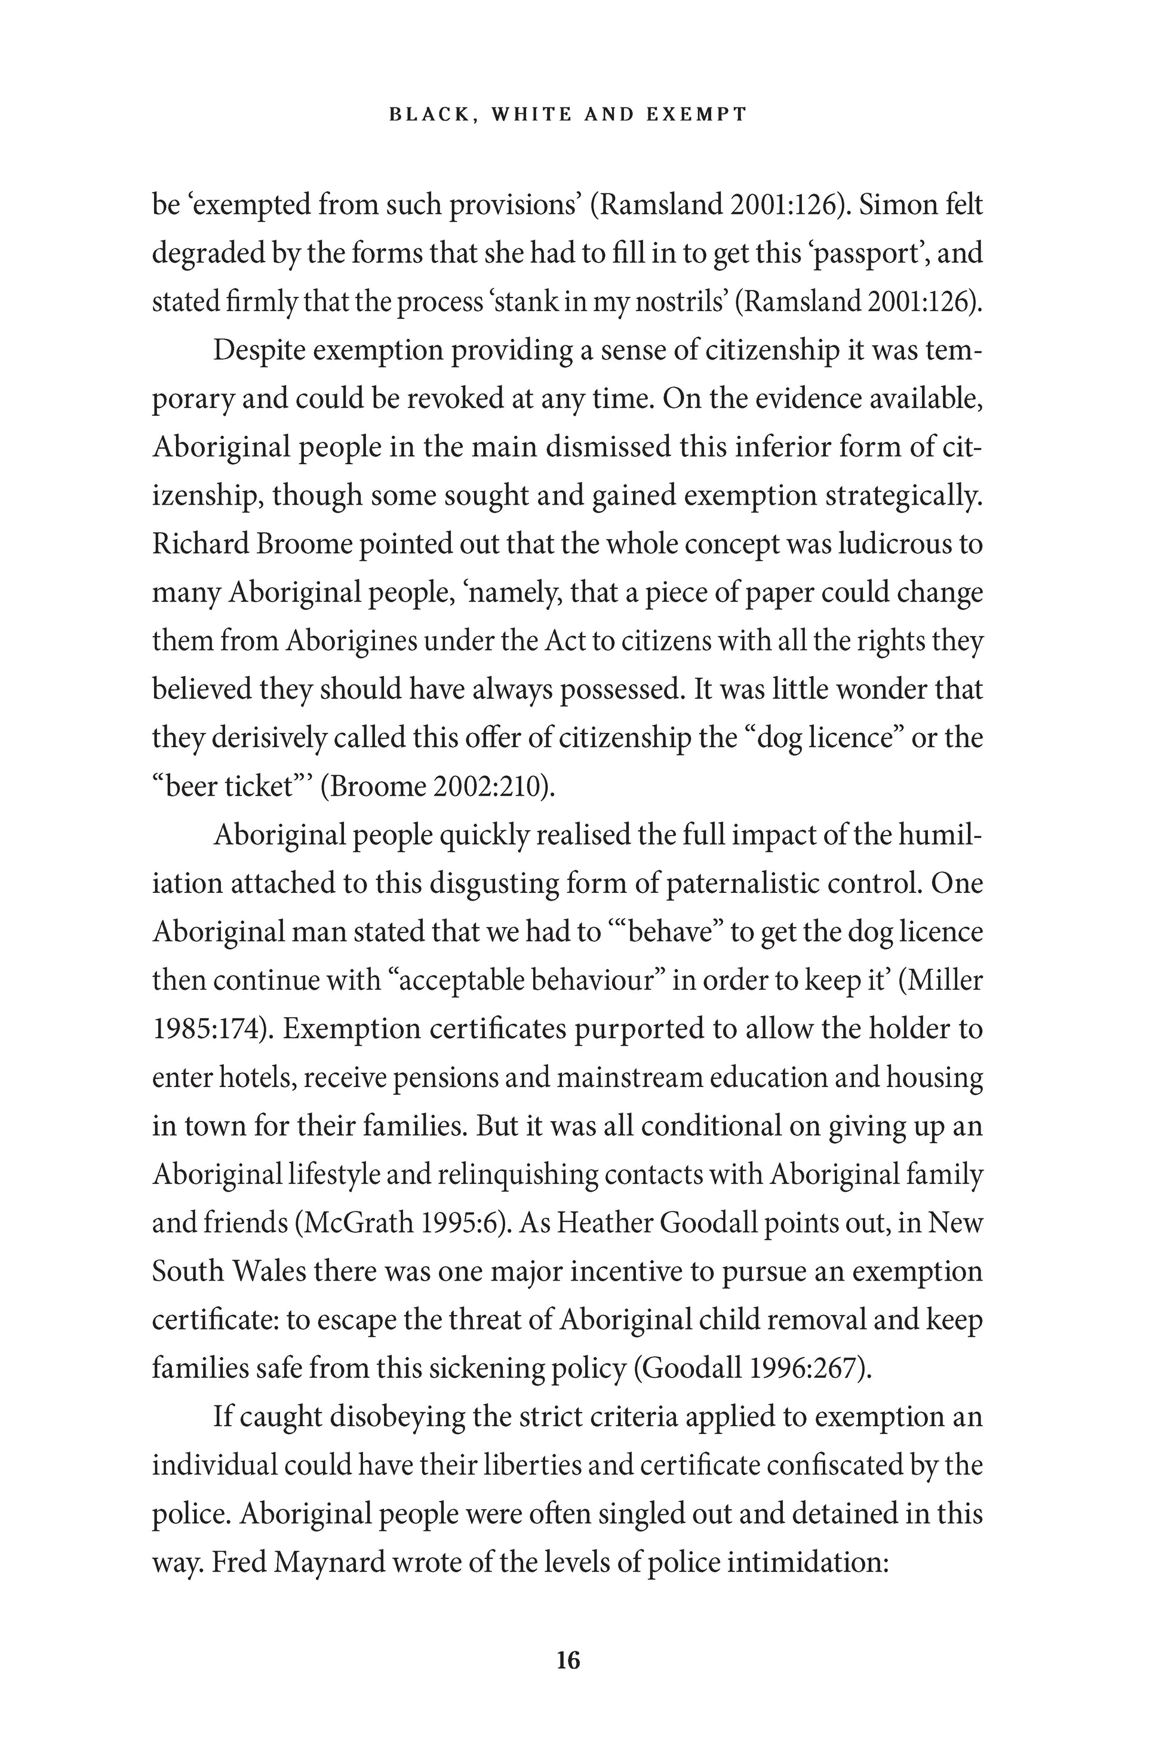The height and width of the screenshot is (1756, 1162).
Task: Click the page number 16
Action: [x=568, y=1661]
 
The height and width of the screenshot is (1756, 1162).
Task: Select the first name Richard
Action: [x=196, y=544]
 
